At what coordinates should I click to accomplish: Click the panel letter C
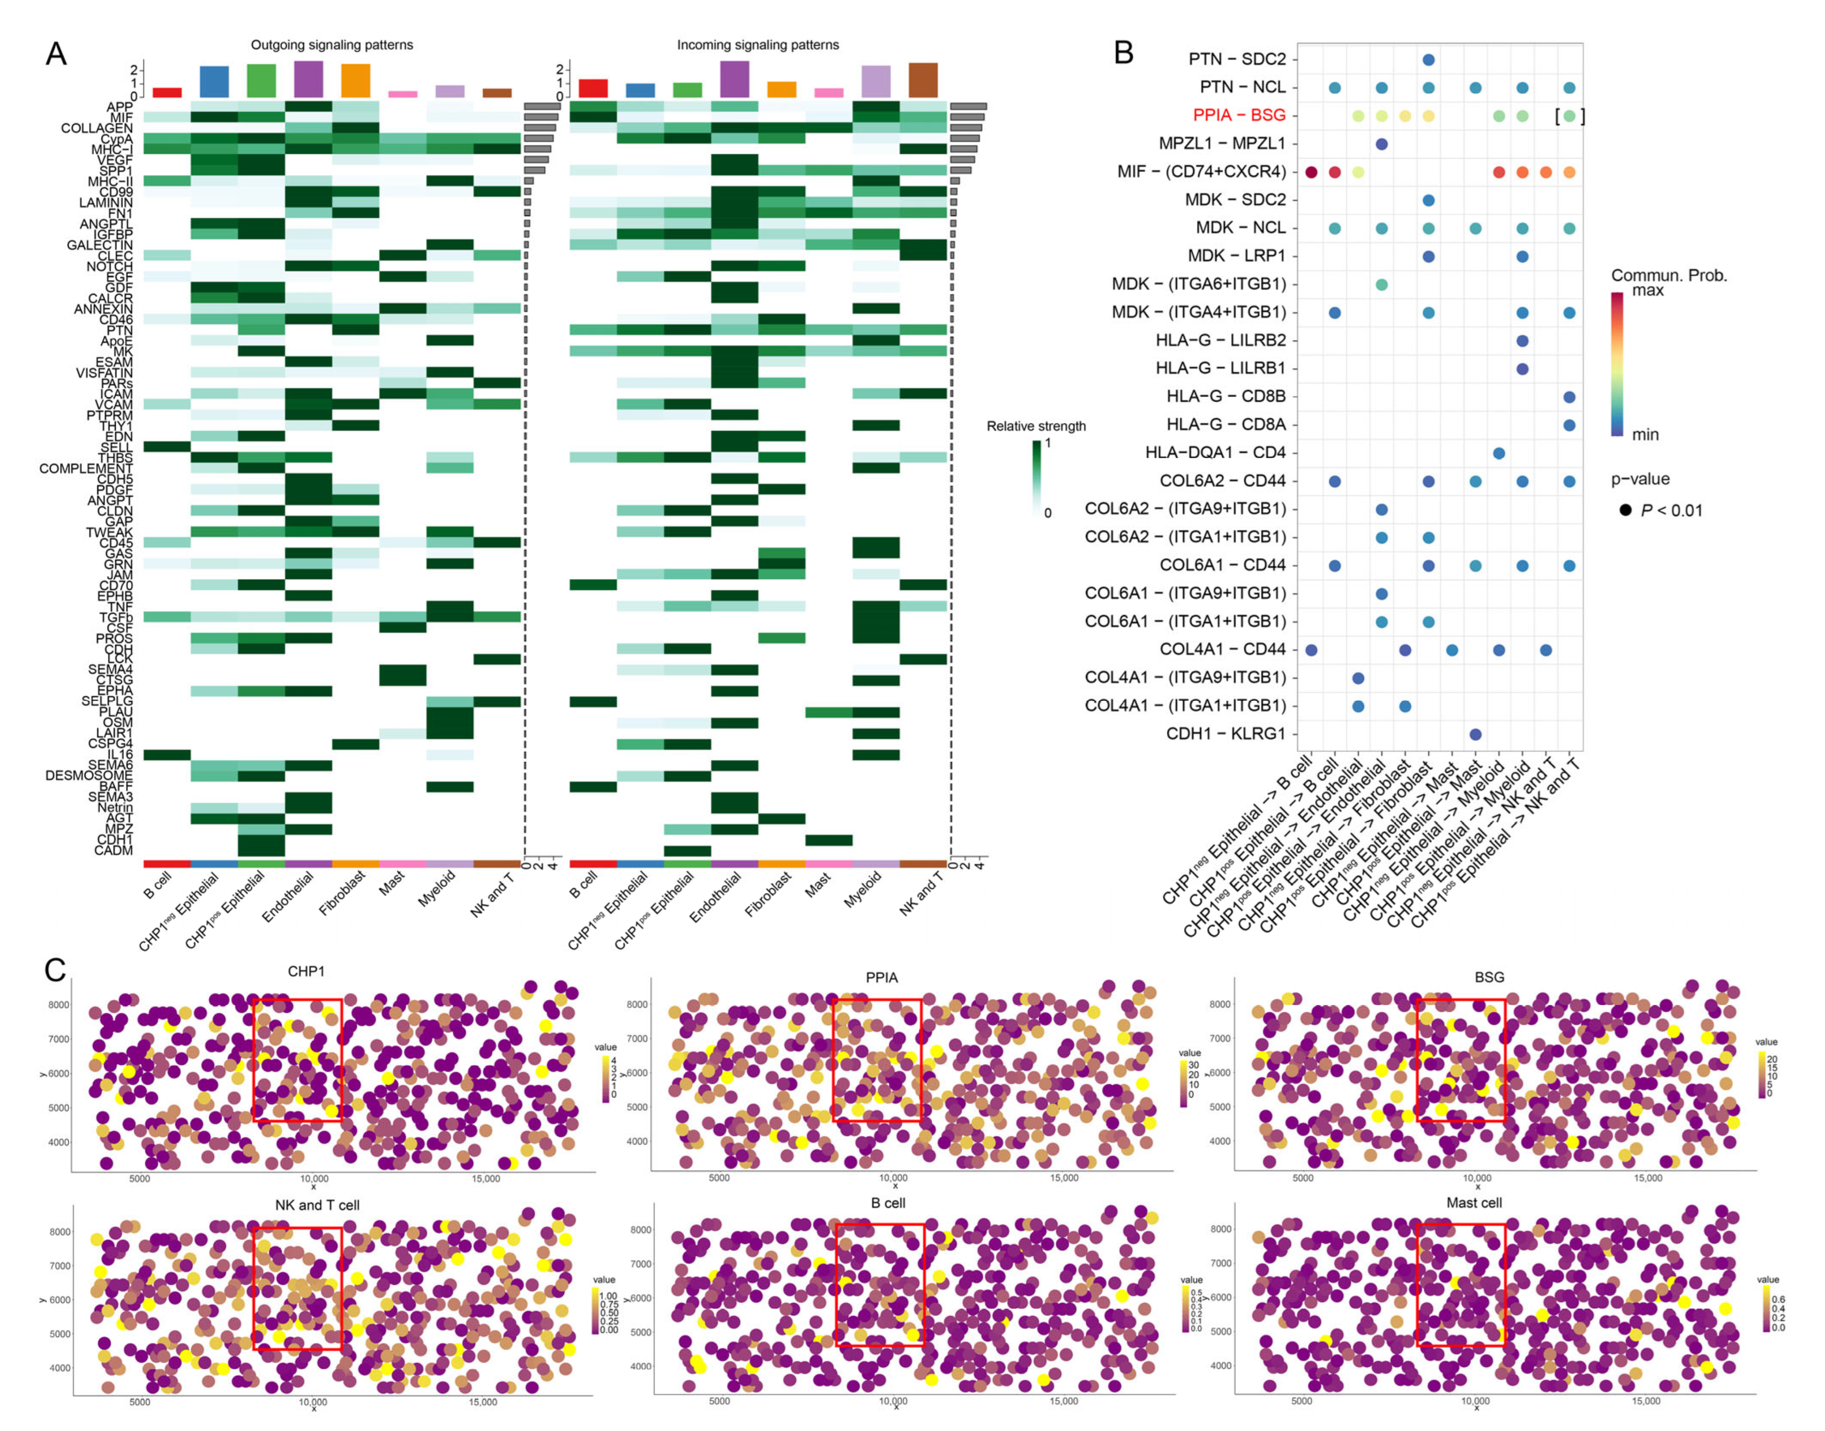[x=55, y=970]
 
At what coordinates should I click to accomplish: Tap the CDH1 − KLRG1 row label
[x=1225, y=734]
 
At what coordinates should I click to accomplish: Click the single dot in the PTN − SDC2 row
[x=1429, y=59]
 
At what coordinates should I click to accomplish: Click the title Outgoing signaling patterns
[x=332, y=44]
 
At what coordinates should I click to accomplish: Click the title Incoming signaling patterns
[x=757, y=44]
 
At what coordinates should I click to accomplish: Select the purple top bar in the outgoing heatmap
[x=309, y=79]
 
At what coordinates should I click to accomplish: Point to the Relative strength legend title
[x=1036, y=426]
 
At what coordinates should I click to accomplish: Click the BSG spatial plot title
[x=1489, y=977]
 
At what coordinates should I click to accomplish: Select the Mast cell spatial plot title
[x=1473, y=1202]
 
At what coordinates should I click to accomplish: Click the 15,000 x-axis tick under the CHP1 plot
[x=485, y=1179]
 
